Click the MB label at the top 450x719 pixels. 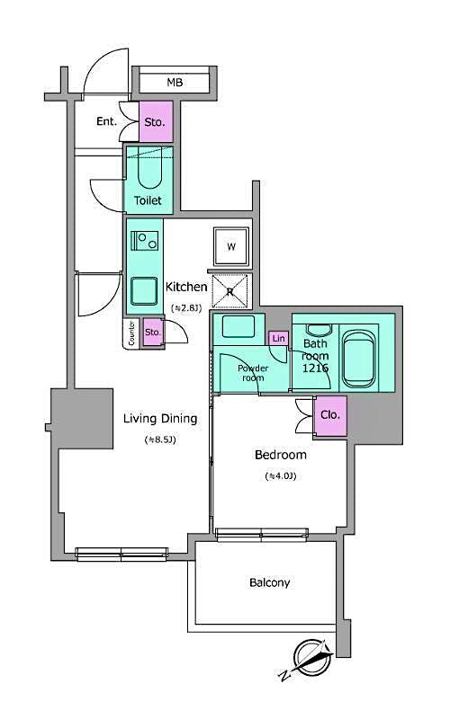pos(174,84)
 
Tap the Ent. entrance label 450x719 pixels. pos(107,121)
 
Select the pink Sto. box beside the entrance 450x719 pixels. pos(155,121)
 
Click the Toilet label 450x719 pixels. pos(148,200)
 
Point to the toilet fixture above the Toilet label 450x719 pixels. pos(148,168)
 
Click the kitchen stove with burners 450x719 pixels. pos(144,241)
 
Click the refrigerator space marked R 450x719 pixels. pos(231,290)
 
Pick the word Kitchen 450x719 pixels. pos(186,287)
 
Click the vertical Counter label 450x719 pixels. pos(131,333)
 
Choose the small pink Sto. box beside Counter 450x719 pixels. pos(153,333)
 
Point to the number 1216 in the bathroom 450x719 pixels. pos(315,368)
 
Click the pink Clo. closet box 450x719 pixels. pos(330,415)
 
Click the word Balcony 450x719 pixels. pos(269,582)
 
